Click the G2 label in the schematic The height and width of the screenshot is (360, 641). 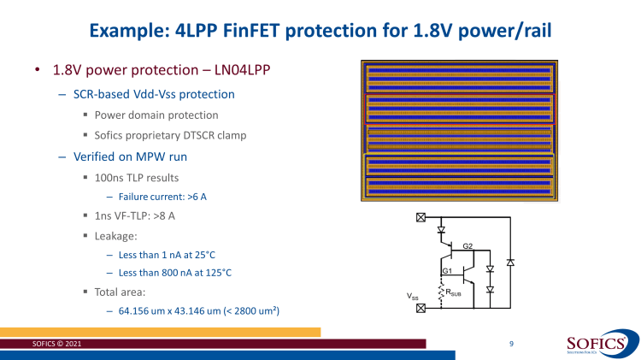[x=468, y=245]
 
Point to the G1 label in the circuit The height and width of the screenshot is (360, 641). [x=445, y=271]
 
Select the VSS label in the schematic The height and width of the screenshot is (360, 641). [x=412, y=296]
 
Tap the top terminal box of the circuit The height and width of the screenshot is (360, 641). [x=420, y=217]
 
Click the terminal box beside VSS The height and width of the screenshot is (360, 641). [x=420, y=309]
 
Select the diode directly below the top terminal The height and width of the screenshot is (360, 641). [x=441, y=229]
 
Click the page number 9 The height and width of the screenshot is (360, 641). [x=510, y=343]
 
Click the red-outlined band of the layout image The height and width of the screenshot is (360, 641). [x=460, y=109]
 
